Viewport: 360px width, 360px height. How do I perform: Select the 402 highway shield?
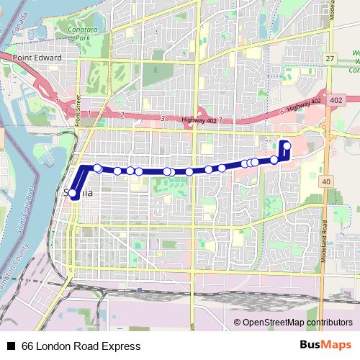[336, 102]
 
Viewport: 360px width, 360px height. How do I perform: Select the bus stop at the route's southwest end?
[73, 193]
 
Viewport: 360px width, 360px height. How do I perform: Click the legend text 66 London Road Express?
[81, 346]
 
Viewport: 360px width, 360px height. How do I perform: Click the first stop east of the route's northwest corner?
[98, 168]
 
